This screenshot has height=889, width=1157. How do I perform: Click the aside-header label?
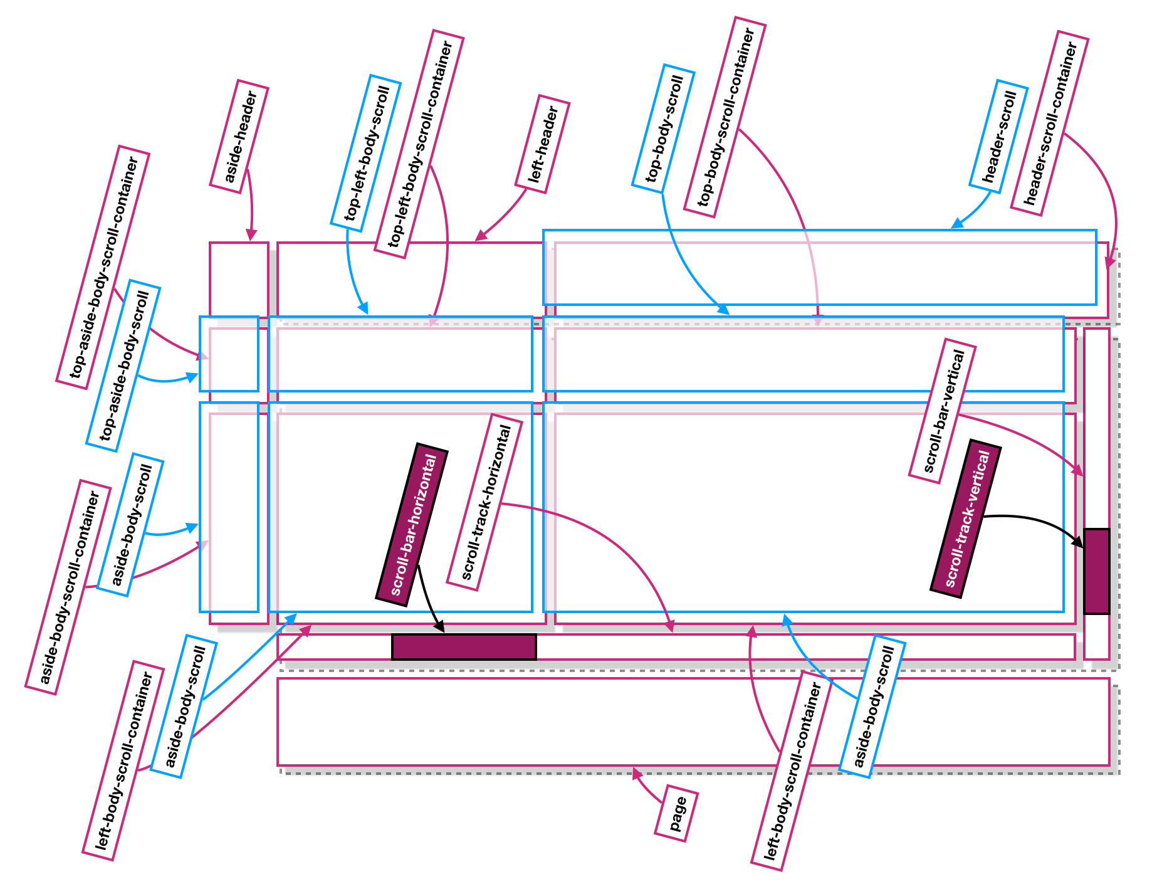[x=239, y=136]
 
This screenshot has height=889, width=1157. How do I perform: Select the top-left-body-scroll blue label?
[x=366, y=153]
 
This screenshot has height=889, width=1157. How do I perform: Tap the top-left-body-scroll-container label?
[x=419, y=144]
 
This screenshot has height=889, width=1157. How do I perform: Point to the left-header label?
[x=542, y=144]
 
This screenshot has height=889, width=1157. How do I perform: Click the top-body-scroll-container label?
[x=725, y=117]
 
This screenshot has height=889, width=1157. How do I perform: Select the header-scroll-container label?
[x=1049, y=123]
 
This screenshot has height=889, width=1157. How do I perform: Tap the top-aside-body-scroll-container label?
[x=103, y=268]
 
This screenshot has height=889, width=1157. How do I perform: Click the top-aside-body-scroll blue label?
[x=123, y=366]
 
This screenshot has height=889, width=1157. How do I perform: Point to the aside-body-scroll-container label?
[x=68, y=587]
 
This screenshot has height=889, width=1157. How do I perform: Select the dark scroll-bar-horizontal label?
[x=412, y=524]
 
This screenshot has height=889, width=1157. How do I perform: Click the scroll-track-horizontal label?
[x=484, y=502]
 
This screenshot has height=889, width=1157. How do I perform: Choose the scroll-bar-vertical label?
[x=943, y=411]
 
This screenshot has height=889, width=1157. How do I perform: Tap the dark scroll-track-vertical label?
[x=965, y=518]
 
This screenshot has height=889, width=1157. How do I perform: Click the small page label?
[x=676, y=813]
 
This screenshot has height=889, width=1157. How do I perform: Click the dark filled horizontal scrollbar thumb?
[x=464, y=647]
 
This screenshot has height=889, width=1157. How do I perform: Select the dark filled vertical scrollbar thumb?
[x=1097, y=571]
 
